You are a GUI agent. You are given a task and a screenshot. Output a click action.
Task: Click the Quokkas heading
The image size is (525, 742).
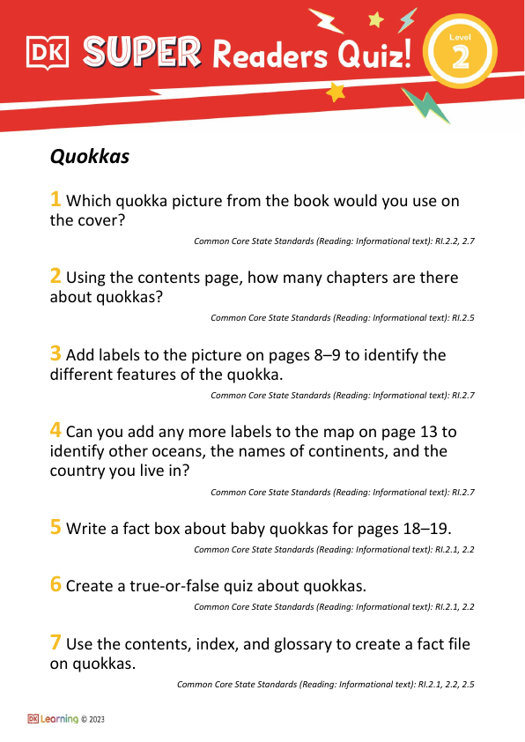tap(90, 157)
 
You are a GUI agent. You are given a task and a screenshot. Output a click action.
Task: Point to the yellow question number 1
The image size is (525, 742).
tap(55, 200)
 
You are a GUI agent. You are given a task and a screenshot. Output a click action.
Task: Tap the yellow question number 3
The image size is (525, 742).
tap(55, 354)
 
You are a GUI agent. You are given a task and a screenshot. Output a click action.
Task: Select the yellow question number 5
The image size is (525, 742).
tap(55, 528)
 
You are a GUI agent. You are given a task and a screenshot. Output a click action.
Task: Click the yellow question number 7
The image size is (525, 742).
tap(55, 643)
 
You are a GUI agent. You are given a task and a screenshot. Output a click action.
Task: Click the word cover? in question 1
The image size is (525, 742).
tap(100, 221)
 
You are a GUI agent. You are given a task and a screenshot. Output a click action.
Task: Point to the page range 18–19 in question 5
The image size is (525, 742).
tap(422, 529)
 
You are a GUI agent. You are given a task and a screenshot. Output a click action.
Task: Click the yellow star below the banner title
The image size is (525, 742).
tap(335, 92)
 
